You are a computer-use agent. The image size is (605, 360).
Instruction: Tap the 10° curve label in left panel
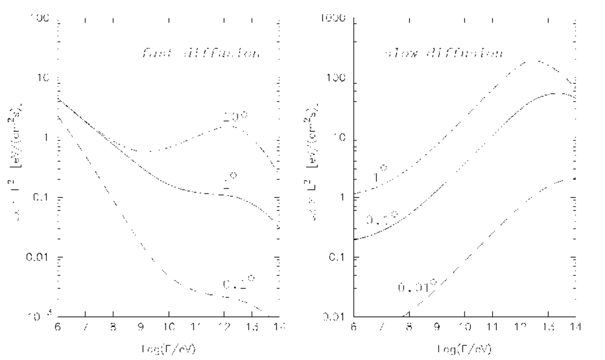(235, 118)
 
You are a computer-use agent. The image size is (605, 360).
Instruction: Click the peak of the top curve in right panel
(535, 60)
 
